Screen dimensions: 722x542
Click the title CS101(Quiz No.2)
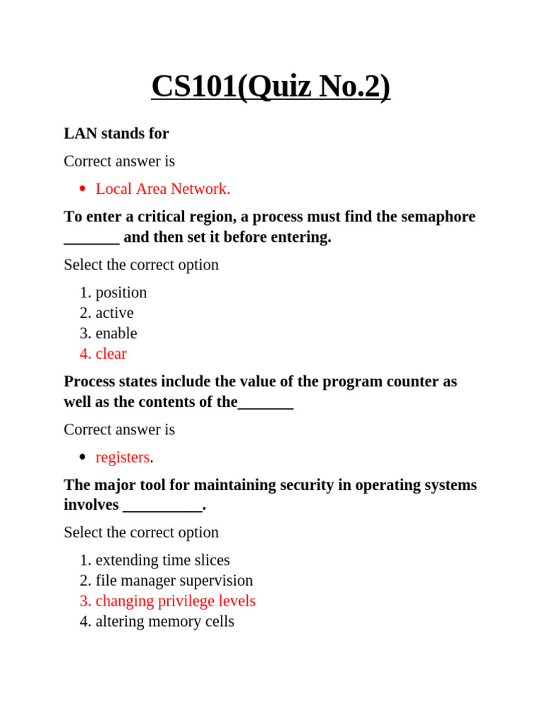270,87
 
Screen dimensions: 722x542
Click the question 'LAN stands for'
116,133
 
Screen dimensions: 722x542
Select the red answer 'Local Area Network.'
163,189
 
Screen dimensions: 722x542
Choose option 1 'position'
121,293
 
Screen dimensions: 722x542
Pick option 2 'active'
114,313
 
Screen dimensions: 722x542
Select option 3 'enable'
116,334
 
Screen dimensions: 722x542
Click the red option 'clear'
112,354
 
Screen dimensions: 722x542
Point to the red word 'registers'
123,458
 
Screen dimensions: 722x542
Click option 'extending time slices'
162,561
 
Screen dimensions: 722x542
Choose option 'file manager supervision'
174,581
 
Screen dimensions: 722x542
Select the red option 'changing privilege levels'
176,601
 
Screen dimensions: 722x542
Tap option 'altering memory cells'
165,622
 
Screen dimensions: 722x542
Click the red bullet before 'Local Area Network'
83,189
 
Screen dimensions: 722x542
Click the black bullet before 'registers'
83,458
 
